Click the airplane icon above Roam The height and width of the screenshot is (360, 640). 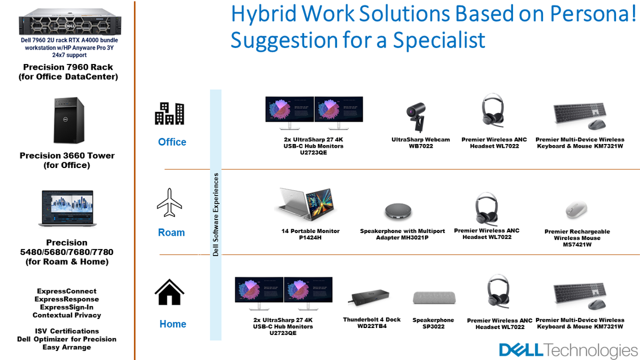click(x=170, y=203)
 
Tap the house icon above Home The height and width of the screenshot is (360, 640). click(x=170, y=292)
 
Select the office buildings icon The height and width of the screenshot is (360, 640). click(x=170, y=114)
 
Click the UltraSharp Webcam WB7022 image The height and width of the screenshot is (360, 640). click(x=417, y=117)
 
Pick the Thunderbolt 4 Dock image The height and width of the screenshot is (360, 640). click(x=369, y=298)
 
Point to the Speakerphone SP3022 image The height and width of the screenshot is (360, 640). click(x=434, y=298)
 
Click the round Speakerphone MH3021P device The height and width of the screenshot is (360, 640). click(x=398, y=212)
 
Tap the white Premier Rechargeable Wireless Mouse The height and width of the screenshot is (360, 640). click(x=577, y=210)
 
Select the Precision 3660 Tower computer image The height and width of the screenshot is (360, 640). click(x=69, y=120)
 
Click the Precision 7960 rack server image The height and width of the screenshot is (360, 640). click(x=70, y=22)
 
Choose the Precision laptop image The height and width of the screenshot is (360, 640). click(x=67, y=209)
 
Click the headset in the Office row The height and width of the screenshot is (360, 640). click(x=492, y=110)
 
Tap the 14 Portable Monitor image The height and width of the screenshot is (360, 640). click(x=305, y=204)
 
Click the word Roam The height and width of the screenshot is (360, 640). click(x=171, y=233)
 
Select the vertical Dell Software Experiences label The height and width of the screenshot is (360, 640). click(x=215, y=214)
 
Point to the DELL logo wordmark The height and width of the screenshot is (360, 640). click(x=521, y=350)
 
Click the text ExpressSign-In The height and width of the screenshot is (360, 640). click(x=67, y=307)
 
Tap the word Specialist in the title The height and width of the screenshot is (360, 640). click(x=439, y=40)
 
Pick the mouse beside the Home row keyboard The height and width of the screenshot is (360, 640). click(x=597, y=305)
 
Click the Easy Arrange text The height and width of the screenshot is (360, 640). click(x=67, y=347)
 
